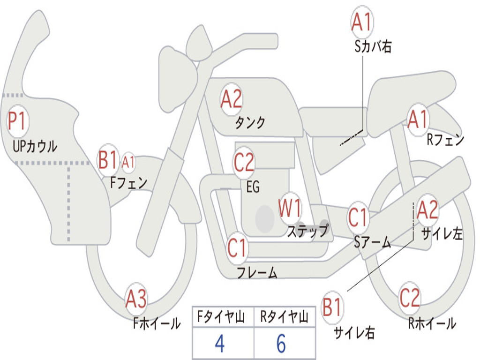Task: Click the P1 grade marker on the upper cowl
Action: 18,122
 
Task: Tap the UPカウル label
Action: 35,146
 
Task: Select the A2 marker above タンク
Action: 231,99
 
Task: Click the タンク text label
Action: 250,123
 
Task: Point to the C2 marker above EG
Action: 244,162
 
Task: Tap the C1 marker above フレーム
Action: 237,247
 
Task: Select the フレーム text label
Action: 257,272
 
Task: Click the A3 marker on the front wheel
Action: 136,299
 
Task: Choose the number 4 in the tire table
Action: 219,344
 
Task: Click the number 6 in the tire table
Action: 281,344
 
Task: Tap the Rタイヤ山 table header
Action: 284,318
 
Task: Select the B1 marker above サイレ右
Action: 332,307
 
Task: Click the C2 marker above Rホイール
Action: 410,298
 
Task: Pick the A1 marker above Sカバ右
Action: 362,22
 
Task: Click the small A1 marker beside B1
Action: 128,163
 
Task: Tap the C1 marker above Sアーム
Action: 359,217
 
